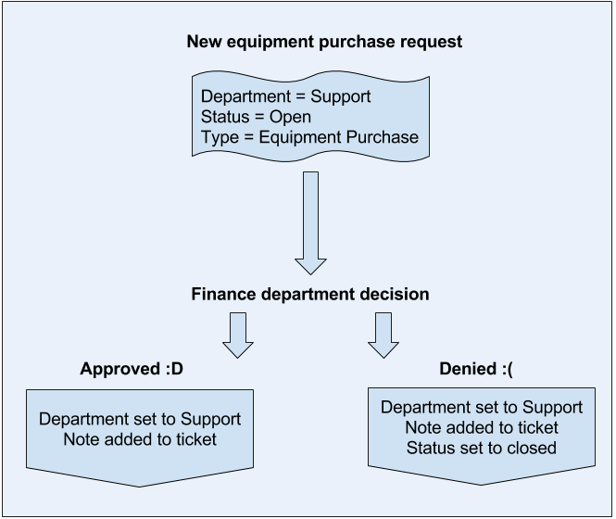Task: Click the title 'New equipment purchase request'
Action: click(x=324, y=42)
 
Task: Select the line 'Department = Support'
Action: click(x=285, y=96)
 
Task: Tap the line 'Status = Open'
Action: click(x=256, y=117)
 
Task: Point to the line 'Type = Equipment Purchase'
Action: click(x=309, y=137)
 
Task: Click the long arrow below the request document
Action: click(x=311, y=222)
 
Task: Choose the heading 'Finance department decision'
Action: click(x=310, y=295)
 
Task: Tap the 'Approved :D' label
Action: click(x=132, y=369)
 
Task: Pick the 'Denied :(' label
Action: click(x=475, y=369)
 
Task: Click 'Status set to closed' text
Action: click(x=482, y=448)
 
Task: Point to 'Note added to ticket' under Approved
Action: click(x=140, y=438)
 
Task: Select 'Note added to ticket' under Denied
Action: click(x=482, y=427)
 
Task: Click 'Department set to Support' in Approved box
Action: click(x=140, y=419)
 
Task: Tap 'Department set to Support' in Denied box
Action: click(x=482, y=407)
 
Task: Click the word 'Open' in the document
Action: click(x=290, y=117)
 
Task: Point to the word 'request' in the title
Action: click(x=434, y=42)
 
